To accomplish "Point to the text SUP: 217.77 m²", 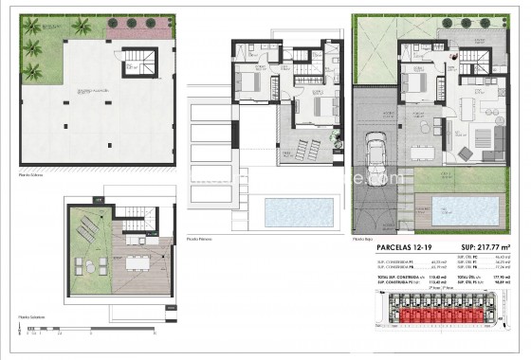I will point(492,247).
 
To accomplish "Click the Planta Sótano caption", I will point(33,175).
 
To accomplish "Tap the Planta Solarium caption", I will point(34,317).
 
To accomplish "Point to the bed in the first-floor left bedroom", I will point(249,83).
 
